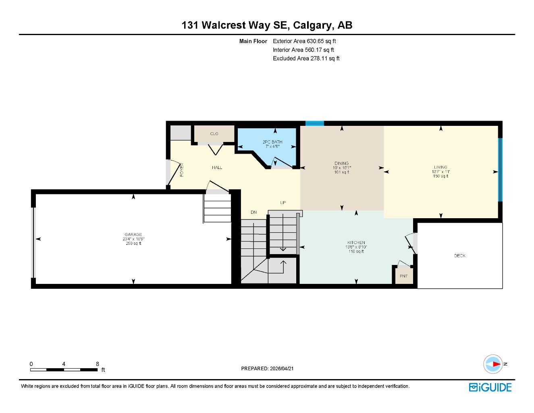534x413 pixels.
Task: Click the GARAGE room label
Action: [133, 234]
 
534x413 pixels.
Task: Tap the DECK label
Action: [459, 256]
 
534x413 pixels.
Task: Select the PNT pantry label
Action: [403, 276]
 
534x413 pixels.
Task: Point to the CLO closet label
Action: [214, 134]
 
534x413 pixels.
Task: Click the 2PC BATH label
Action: [272, 142]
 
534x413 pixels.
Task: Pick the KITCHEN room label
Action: [356, 243]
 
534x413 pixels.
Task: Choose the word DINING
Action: [342, 163]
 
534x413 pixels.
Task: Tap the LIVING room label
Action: [440, 167]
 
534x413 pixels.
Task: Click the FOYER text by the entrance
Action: [182, 170]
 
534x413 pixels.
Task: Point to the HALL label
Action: [217, 167]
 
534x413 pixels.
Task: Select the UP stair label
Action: [283, 202]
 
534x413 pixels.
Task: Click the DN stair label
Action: [253, 212]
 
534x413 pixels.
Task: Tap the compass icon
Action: [493, 364]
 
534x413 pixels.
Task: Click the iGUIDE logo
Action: [490, 388]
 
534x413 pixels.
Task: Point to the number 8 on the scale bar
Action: [98, 364]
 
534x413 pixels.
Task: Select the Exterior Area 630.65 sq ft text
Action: [304, 41]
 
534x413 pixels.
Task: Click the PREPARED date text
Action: [267, 369]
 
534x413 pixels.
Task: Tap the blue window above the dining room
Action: [314, 123]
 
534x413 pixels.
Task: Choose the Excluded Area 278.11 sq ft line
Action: [306, 58]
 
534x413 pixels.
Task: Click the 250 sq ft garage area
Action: [133, 243]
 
